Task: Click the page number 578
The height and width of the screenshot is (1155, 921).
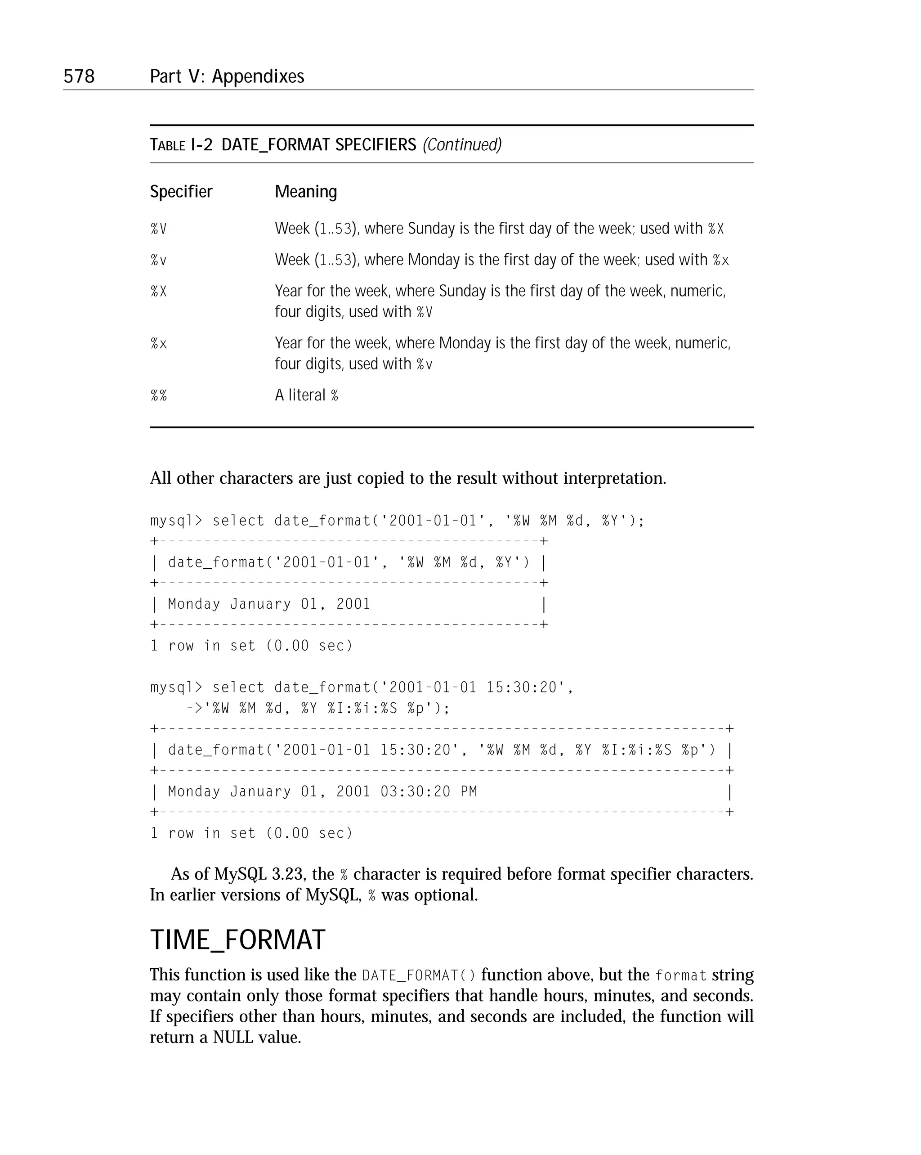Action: pos(79,76)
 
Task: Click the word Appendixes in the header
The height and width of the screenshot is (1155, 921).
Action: pos(258,76)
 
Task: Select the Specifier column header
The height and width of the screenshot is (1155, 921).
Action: pos(181,191)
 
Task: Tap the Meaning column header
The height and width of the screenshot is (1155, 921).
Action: pos(306,191)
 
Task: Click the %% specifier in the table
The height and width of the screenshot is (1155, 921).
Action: pos(158,395)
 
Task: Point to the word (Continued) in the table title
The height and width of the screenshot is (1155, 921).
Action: pos(462,144)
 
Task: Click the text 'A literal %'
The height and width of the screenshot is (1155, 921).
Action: pos(306,395)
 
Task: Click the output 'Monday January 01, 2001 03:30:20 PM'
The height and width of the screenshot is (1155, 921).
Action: pos(322,791)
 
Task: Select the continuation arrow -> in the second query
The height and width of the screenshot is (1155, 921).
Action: pos(194,708)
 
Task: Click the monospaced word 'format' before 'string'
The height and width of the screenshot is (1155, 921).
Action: pos(680,975)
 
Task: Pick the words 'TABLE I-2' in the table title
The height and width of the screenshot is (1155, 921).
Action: pos(181,144)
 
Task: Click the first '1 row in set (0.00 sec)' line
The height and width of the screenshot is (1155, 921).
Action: pos(251,646)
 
